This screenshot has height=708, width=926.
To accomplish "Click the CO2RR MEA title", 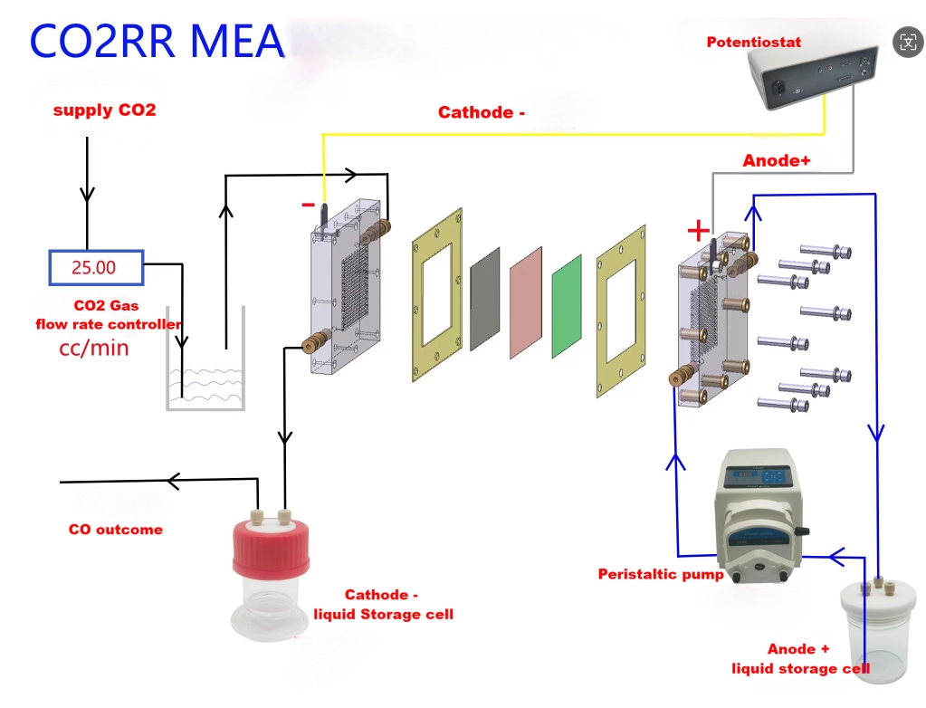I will point(157,41).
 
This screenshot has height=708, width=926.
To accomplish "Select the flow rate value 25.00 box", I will point(96,267).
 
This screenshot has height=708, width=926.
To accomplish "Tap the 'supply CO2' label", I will point(104,110).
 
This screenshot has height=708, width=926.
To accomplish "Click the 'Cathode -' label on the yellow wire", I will point(482,112).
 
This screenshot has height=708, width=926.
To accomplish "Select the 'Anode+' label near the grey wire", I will point(777,160).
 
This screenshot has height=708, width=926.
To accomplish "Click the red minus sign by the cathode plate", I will point(308,206).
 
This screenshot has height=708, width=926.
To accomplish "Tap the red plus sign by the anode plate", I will point(698,231).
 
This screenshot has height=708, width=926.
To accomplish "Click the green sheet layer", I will point(567,304).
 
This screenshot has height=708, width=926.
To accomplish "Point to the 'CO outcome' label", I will point(116,530).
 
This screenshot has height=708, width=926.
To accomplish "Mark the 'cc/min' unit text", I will point(94,347).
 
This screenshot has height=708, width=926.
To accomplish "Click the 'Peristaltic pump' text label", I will point(660,574).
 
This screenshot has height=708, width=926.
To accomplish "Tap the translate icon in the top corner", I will point(907,41).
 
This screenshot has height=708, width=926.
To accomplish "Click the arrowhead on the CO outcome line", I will point(175,482).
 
